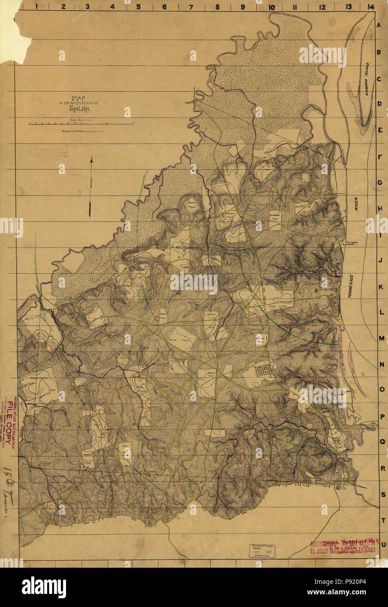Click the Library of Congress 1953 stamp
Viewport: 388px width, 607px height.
[x=268, y=551]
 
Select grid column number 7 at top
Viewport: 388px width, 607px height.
[x=191, y=7]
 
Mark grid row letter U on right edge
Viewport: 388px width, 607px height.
[x=383, y=544]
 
